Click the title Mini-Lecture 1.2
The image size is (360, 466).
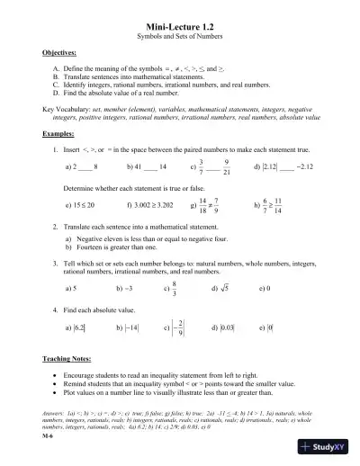[x=179, y=29]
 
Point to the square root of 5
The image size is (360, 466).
[x=225, y=290]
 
